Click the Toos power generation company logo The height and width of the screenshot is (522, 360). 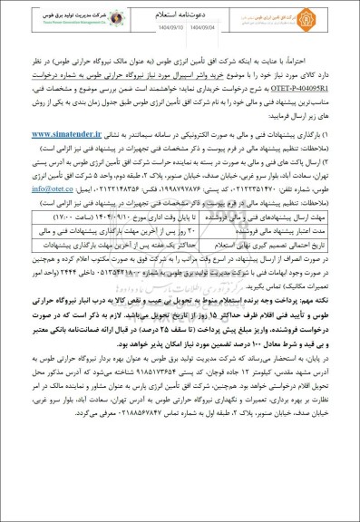(65, 20)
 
